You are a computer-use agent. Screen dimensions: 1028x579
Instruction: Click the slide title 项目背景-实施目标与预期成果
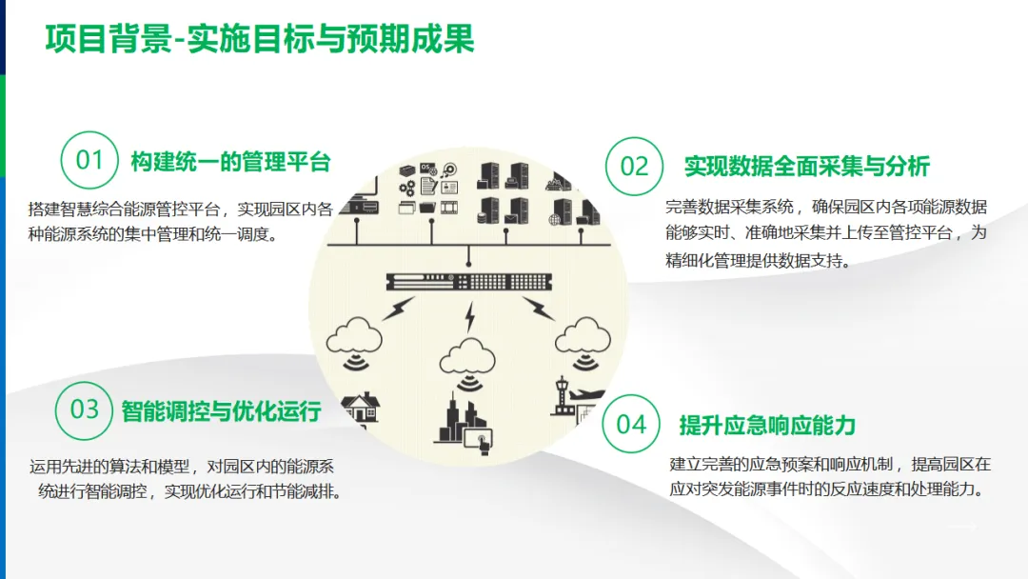coord(260,39)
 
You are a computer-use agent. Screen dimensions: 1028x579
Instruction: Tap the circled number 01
coord(89,159)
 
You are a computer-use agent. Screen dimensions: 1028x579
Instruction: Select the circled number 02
coord(634,166)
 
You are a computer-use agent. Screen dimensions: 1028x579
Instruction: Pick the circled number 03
coord(85,409)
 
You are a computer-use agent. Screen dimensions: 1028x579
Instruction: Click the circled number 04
coord(631,424)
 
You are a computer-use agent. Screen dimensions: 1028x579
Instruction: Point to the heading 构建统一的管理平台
coord(230,162)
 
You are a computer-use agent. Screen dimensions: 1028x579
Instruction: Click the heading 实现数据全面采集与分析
coord(806,167)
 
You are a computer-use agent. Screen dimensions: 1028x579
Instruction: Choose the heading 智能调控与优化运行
coord(221,411)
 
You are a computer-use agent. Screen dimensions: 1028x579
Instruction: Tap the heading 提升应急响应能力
coord(767,425)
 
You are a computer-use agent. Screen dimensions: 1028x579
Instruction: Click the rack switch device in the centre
coord(469,282)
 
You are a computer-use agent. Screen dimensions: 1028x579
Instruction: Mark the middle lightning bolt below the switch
coord(468,317)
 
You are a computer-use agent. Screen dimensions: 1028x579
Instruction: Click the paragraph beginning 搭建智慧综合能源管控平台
coord(181,221)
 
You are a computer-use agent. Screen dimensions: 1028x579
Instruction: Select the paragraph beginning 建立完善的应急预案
coord(830,477)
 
